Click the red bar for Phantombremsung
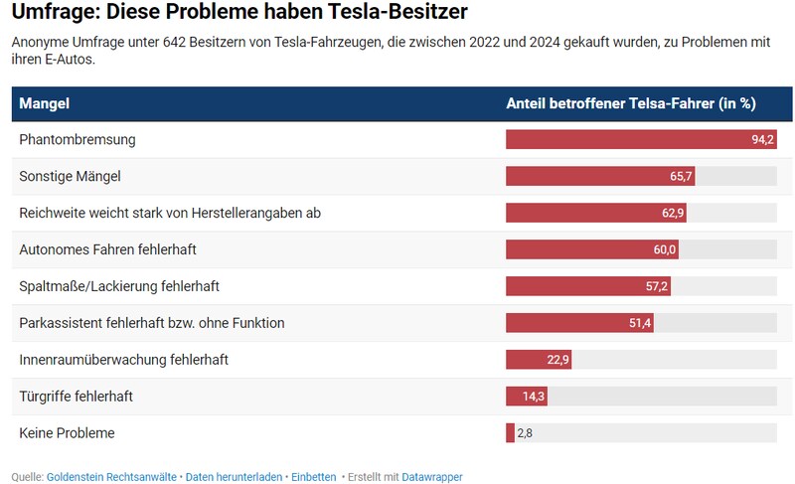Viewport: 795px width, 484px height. click(x=626, y=139)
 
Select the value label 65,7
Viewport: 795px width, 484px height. click(x=681, y=176)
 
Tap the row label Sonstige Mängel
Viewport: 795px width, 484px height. click(x=70, y=176)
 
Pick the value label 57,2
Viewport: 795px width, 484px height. click(x=657, y=286)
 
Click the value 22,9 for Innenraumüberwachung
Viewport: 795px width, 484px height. click(x=557, y=360)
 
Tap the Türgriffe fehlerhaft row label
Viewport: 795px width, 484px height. click(x=76, y=397)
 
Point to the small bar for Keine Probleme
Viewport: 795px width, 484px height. click(x=510, y=433)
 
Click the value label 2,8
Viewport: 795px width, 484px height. click(x=525, y=433)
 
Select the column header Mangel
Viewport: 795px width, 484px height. click(x=44, y=103)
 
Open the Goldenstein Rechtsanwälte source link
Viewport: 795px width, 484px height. click(x=112, y=477)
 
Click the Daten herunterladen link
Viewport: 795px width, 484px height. click(x=234, y=477)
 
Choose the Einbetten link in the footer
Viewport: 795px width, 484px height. click(x=313, y=477)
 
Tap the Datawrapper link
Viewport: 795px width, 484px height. click(x=432, y=477)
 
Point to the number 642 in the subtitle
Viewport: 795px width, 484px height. click(x=176, y=42)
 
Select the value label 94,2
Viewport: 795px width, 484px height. click(x=762, y=139)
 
